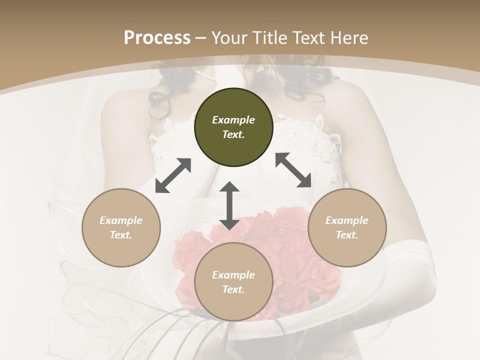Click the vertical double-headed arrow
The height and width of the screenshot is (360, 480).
[x=229, y=205]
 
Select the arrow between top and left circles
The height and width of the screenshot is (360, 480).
[x=173, y=175]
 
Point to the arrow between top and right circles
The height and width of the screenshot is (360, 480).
[x=293, y=170]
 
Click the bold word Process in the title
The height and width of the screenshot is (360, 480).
[x=157, y=37]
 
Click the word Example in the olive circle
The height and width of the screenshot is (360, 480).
[x=233, y=120]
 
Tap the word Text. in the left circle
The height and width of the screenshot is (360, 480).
[x=121, y=235]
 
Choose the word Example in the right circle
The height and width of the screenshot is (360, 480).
[x=347, y=220]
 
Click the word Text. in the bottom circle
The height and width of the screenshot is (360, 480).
[x=233, y=289]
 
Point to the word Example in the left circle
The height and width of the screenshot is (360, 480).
[x=121, y=220]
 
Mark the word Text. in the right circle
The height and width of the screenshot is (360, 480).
[x=347, y=235]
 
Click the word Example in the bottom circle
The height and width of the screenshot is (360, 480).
[x=233, y=275]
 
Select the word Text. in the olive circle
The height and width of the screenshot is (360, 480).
[x=233, y=134]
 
